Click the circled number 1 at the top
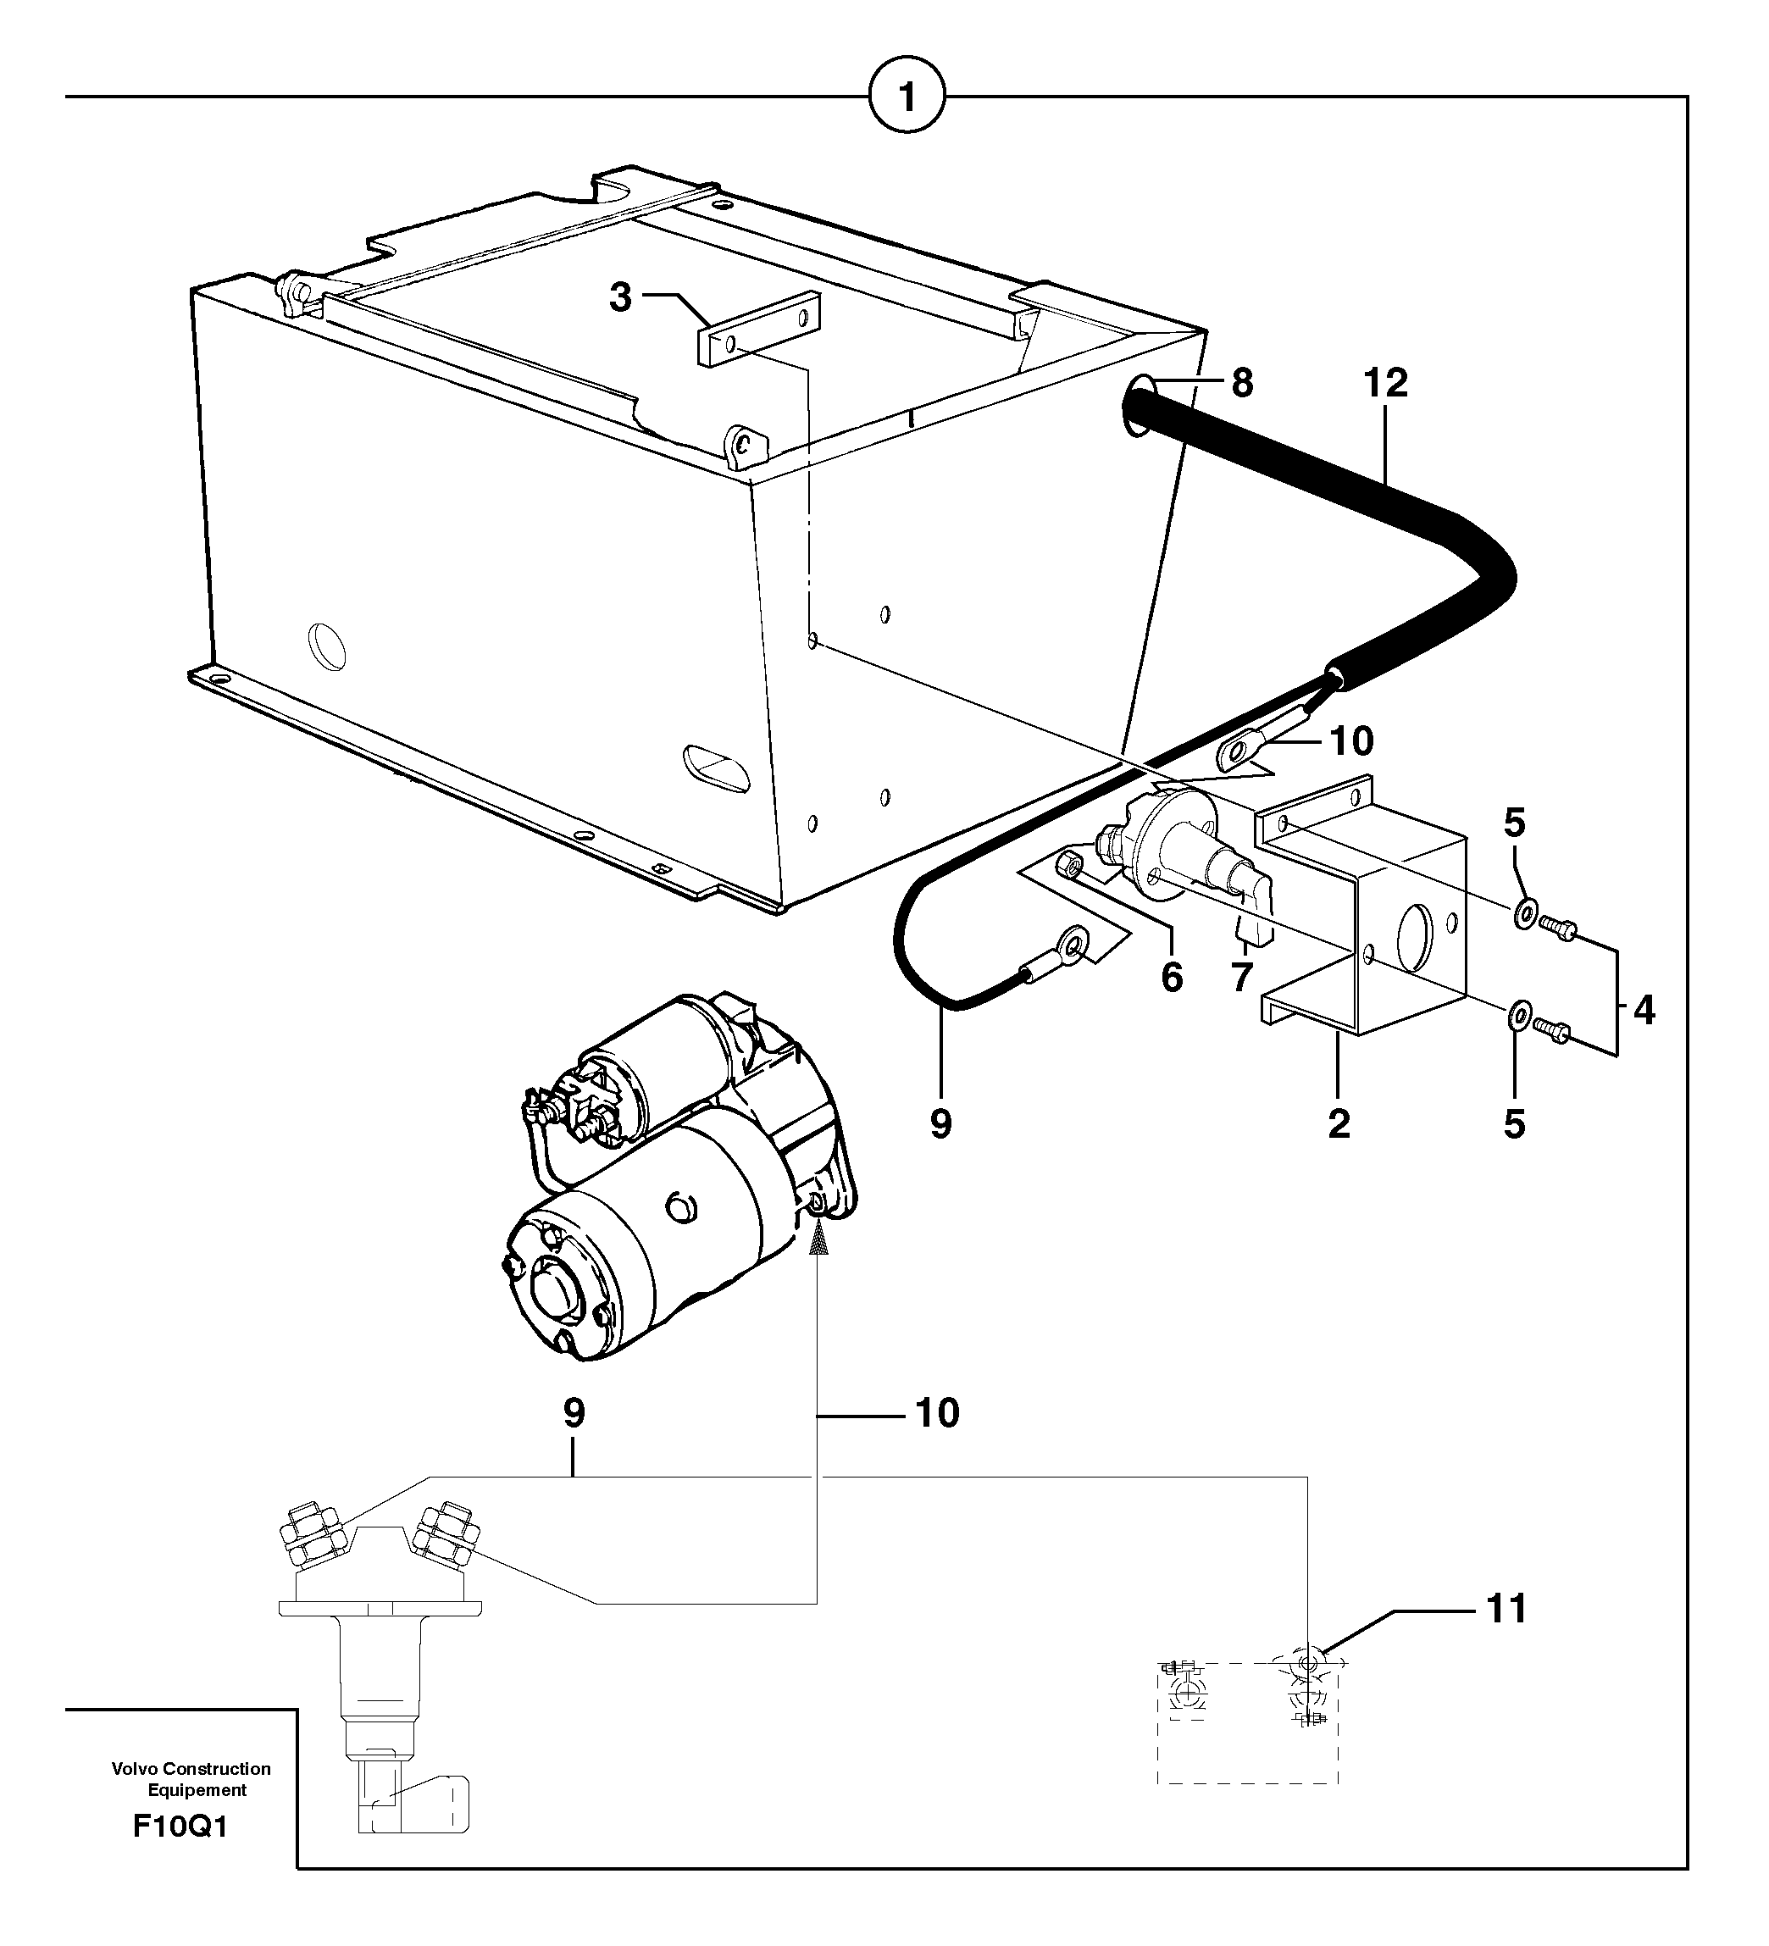coord(907,97)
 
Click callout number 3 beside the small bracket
coord(619,297)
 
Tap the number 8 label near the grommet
coord(1242,383)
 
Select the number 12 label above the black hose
coord(1386,383)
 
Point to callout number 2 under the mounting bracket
coord(1339,1123)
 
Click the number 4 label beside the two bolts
coord(1644,1011)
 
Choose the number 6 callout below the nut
coord(1172,978)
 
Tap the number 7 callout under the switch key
coord(1242,978)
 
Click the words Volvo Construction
coord(191,1768)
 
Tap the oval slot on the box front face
coord(715,768)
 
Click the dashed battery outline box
coord(1247,1723)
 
